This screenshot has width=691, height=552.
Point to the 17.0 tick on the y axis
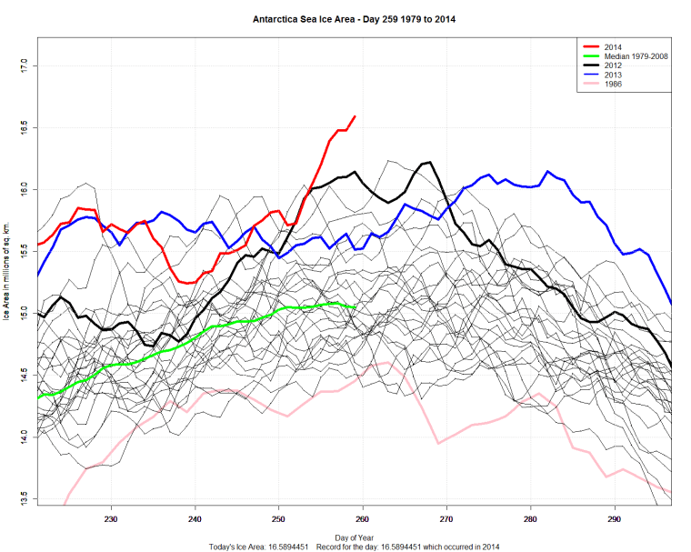click(25, 65)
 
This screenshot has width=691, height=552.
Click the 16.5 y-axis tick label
click(25, 127)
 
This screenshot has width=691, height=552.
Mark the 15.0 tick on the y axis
click(25, 314)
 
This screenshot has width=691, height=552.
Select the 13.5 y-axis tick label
click(25, 499)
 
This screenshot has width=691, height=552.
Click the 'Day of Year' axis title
click(353, 537)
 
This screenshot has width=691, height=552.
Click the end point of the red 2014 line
click(355, 116)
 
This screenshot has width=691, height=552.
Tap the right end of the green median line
click(355, 308)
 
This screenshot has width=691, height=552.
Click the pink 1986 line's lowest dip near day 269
click(438, 443)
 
